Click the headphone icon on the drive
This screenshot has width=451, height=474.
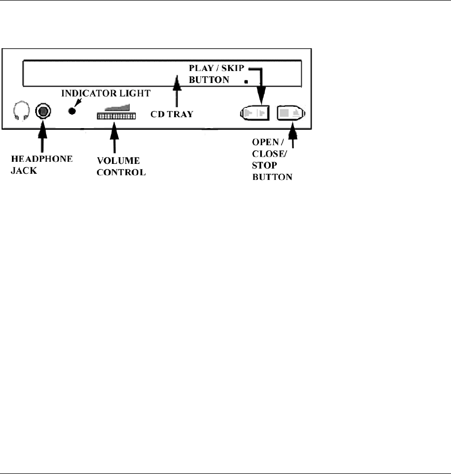[21, 111]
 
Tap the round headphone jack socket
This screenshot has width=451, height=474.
[43, 111]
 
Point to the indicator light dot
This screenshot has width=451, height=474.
[73, 110]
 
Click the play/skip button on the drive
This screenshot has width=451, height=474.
[256, 113]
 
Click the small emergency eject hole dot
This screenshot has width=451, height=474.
[246, 81]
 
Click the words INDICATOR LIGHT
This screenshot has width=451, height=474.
[106, 93]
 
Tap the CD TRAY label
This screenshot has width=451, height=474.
[172, 114]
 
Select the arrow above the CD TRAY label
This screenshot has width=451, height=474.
[177, 91]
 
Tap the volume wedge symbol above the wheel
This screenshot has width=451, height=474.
[118, 106]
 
